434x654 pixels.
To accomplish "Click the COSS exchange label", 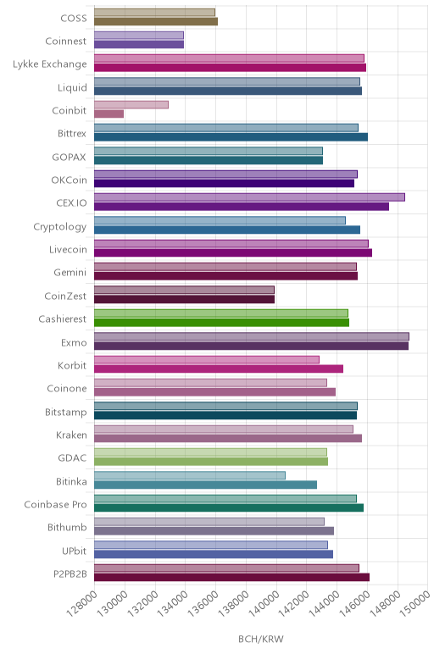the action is pos(74,18).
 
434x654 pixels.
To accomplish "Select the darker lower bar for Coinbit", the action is pos(108,114).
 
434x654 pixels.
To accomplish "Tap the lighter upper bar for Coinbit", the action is pos(131,105).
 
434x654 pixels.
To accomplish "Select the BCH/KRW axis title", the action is pos(261,639).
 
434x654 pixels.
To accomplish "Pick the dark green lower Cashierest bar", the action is pos(221,323).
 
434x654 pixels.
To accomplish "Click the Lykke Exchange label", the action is pos(50,64).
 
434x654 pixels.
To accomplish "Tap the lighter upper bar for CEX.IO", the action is pos(249,197).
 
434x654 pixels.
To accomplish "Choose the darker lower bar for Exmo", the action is pos(251,346).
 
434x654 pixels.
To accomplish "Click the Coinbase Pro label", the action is pos(55,505).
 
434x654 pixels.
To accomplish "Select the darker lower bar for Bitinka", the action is pos(206,485).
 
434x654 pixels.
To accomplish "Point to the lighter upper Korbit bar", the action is pos(207,359).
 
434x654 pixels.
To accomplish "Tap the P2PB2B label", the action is pos(70,574).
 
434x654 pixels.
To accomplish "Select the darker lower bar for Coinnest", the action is pos(139,44).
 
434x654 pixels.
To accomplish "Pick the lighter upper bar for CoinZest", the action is pos(185,290).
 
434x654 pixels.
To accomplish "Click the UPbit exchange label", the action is pos(75,551).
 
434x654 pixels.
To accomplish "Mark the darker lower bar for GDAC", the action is pos(211,462).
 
